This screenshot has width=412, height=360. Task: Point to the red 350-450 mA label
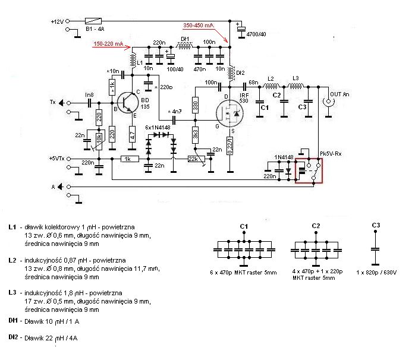pos(199,26)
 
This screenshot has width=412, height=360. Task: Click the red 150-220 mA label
pos(109,44)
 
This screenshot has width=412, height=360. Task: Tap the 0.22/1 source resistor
pos(230,146)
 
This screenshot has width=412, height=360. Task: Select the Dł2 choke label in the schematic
pos(240,73)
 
